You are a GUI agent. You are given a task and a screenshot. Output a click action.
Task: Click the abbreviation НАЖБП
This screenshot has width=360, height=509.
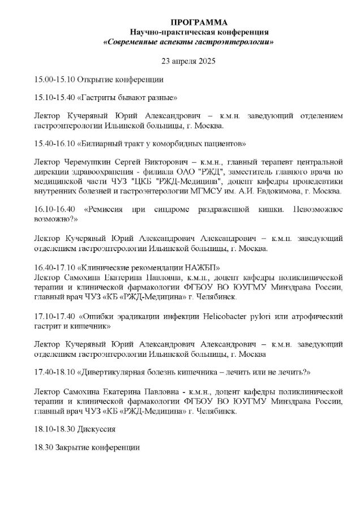pos(202,266)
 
